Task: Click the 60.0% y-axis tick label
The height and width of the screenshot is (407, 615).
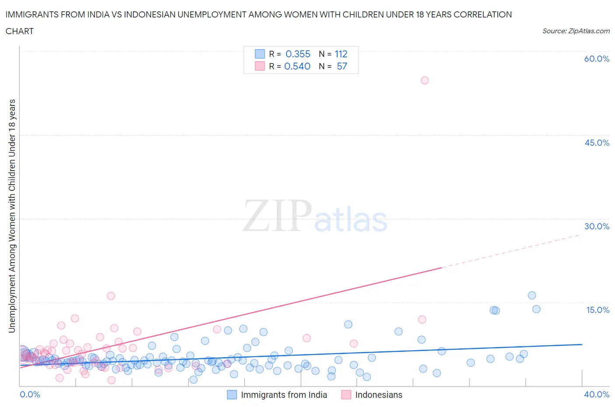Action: (x=597, y=59)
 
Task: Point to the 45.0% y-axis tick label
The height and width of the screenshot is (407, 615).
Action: (x=597, y=143)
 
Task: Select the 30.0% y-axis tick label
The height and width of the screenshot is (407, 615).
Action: (x=597, y=226)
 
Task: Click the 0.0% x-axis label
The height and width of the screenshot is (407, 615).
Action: (x=30, y=394)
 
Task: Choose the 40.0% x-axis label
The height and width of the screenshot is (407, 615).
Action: (x=597, y=394)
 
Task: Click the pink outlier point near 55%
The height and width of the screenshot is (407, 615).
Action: (x=424, y=81)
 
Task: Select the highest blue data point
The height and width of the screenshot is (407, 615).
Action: (x=532, y=295)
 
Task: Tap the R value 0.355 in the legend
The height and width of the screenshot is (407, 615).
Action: (x=298, y=54)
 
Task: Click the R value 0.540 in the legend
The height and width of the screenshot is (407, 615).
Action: (x=297, y=66)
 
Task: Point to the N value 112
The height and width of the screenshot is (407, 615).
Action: (x=341, y=54)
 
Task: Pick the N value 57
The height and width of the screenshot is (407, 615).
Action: (x=342, y=66)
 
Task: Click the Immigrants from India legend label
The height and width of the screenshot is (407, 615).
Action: (x=284, y=395)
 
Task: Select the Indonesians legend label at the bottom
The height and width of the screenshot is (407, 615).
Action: (x=379, y=395)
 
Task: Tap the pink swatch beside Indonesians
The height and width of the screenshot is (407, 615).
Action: (x=346, y=395)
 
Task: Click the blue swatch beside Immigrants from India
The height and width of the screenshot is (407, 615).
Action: (x=232, y=395)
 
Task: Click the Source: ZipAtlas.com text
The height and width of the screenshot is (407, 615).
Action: (x=576, y=31)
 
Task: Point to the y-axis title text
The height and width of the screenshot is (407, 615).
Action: (x=12, y=216)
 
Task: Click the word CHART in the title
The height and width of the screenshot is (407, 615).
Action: (x=20, y=31)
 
